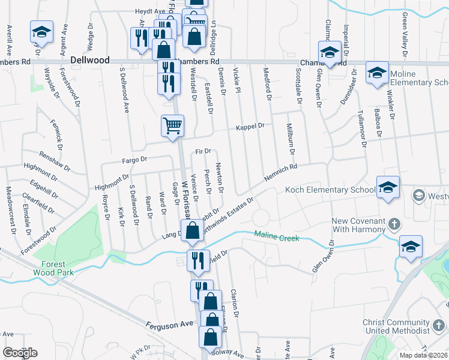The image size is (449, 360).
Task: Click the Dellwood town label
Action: click(90, 61)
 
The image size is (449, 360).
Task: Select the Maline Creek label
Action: click(276, 237)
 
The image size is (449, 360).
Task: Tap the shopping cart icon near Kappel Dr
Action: click(172, 126)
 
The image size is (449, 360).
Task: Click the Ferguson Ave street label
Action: click(170, 324)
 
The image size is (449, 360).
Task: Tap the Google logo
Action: click(20, 353)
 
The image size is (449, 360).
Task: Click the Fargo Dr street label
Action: click(134, 160)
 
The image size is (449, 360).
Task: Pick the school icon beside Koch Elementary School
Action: click(388, 188)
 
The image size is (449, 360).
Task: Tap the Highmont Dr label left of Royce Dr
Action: click(112, 182)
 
